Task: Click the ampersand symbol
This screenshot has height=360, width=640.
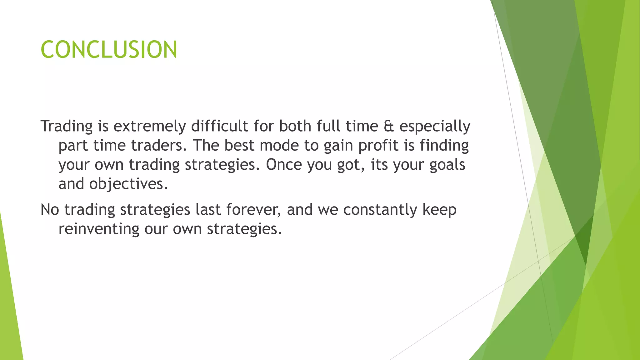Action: tap(389, 126)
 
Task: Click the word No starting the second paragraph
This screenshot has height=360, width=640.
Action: tap(50, 210)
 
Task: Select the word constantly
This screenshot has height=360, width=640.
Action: tap(380, 210)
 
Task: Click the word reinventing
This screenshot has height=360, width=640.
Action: tap(99, 229)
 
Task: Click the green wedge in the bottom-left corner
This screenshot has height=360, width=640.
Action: tap(9, 312)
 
